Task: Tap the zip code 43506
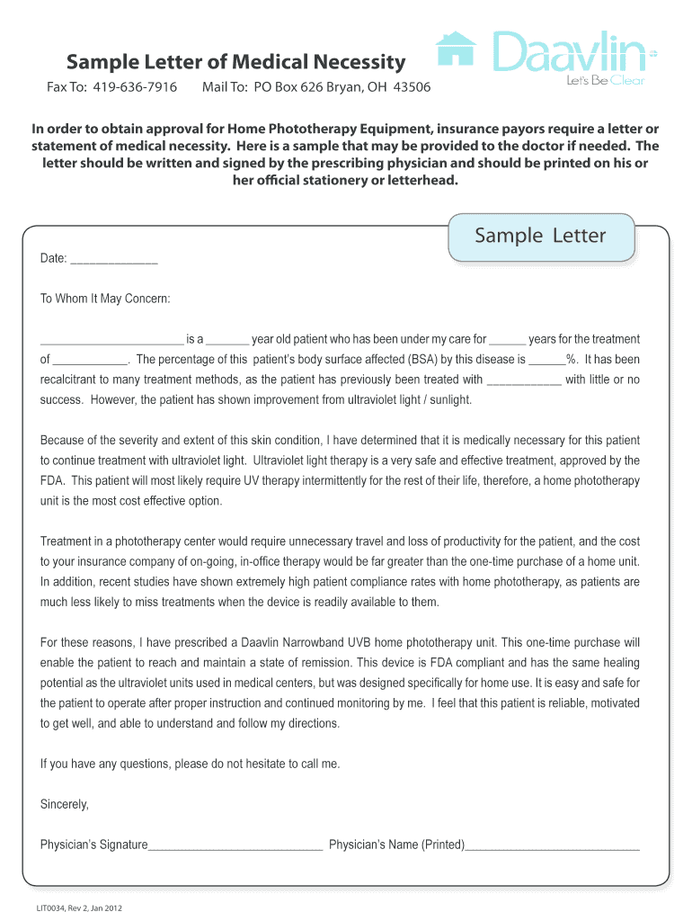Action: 409,87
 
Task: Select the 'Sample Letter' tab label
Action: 540,237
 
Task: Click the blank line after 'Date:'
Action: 114,260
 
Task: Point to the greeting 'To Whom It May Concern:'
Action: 105,299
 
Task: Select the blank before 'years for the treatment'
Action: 508,341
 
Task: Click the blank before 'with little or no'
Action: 524,380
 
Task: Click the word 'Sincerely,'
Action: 65,804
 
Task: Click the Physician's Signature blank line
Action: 235,846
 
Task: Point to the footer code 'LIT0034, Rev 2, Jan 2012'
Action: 79,908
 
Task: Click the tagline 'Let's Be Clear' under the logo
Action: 605,81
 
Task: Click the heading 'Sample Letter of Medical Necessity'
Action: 235,62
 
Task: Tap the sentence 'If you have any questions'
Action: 191,764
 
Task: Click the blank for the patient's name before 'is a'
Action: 111,341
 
